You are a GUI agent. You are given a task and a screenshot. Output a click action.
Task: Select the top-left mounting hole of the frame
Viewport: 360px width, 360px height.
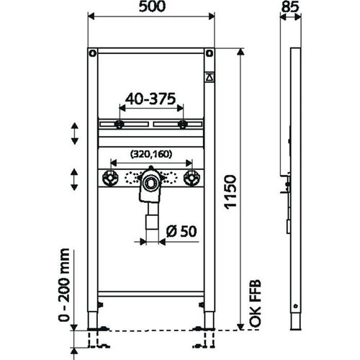click(92, 54)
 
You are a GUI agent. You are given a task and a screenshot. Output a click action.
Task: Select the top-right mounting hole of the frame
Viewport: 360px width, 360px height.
click(209, 54)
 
